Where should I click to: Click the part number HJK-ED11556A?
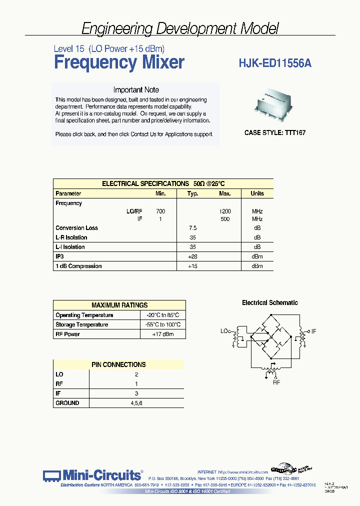(276, 63)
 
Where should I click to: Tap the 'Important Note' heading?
(136, 90)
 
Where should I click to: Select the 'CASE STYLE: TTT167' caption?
(274, 133)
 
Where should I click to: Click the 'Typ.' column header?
(192, 193)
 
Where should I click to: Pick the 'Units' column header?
(257, 193)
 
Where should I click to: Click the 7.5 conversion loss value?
(192, 228)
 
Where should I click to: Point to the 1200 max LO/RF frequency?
(225, 211)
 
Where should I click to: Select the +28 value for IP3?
(192, 256)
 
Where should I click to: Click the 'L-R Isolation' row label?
(71, 237)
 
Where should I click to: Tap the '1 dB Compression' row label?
(78, 266)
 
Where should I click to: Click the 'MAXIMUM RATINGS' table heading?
(119, 305)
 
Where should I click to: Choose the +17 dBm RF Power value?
(163, 334)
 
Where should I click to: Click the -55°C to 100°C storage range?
(163, 324)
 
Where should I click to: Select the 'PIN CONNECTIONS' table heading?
(118, 364)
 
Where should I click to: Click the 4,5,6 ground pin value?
(136, 402)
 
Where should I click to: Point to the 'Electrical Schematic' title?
(270, 302)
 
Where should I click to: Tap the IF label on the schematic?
(314, 331)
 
